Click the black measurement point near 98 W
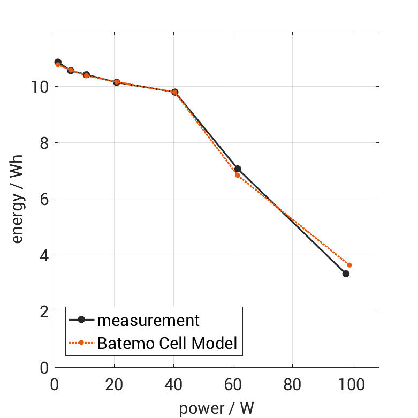(346, 273)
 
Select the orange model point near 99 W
(349, 265)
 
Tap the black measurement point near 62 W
(238, 169)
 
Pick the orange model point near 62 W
(238, 175)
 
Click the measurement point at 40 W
(174, 92)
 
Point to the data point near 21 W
(117, 82)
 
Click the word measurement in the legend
(148, 321)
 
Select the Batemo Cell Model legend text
(167, 343)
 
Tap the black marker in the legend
(81, 320)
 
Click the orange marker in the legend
(81, 343)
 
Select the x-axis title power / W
(216, 408)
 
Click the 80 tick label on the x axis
(292, 384)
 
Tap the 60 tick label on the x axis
(233, 384)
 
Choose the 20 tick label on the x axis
(114, 384)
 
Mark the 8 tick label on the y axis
(43, 143)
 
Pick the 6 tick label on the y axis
(43, 199)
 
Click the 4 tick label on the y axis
(43, 255)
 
